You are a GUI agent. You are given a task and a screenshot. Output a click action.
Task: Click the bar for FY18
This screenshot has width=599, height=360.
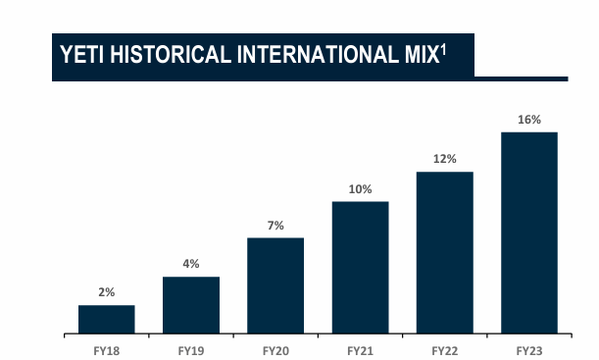pos(106,320)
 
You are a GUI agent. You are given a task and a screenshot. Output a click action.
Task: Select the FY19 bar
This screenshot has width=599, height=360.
pos(190,306)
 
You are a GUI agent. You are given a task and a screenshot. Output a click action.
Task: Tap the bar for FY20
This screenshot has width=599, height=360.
pos(275,286)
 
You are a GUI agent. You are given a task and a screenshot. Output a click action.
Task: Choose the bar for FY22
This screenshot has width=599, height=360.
pos(444,253)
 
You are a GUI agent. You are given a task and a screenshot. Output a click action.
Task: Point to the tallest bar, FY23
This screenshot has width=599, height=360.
pos(529,233)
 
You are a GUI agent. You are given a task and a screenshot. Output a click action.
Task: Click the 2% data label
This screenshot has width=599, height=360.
pos(106,292)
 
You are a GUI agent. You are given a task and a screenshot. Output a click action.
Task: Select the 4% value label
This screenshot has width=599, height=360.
pos(190,264)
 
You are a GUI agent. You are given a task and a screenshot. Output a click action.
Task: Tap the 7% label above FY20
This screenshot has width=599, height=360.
pos(275,226)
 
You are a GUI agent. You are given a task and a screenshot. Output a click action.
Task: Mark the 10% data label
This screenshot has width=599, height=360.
pos(360,188)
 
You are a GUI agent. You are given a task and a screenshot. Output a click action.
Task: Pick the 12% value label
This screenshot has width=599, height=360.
pos(444,159)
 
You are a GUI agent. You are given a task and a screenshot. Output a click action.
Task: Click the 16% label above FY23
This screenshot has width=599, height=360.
pos(529,119)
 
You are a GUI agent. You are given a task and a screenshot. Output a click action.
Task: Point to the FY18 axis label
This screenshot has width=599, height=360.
pos(106,349)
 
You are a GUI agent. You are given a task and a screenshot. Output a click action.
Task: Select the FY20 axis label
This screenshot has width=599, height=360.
pos(275,349)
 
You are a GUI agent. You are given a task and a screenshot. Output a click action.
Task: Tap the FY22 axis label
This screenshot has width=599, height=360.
pos(444,349)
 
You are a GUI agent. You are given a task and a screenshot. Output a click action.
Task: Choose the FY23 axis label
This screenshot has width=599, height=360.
pos(529,349)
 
